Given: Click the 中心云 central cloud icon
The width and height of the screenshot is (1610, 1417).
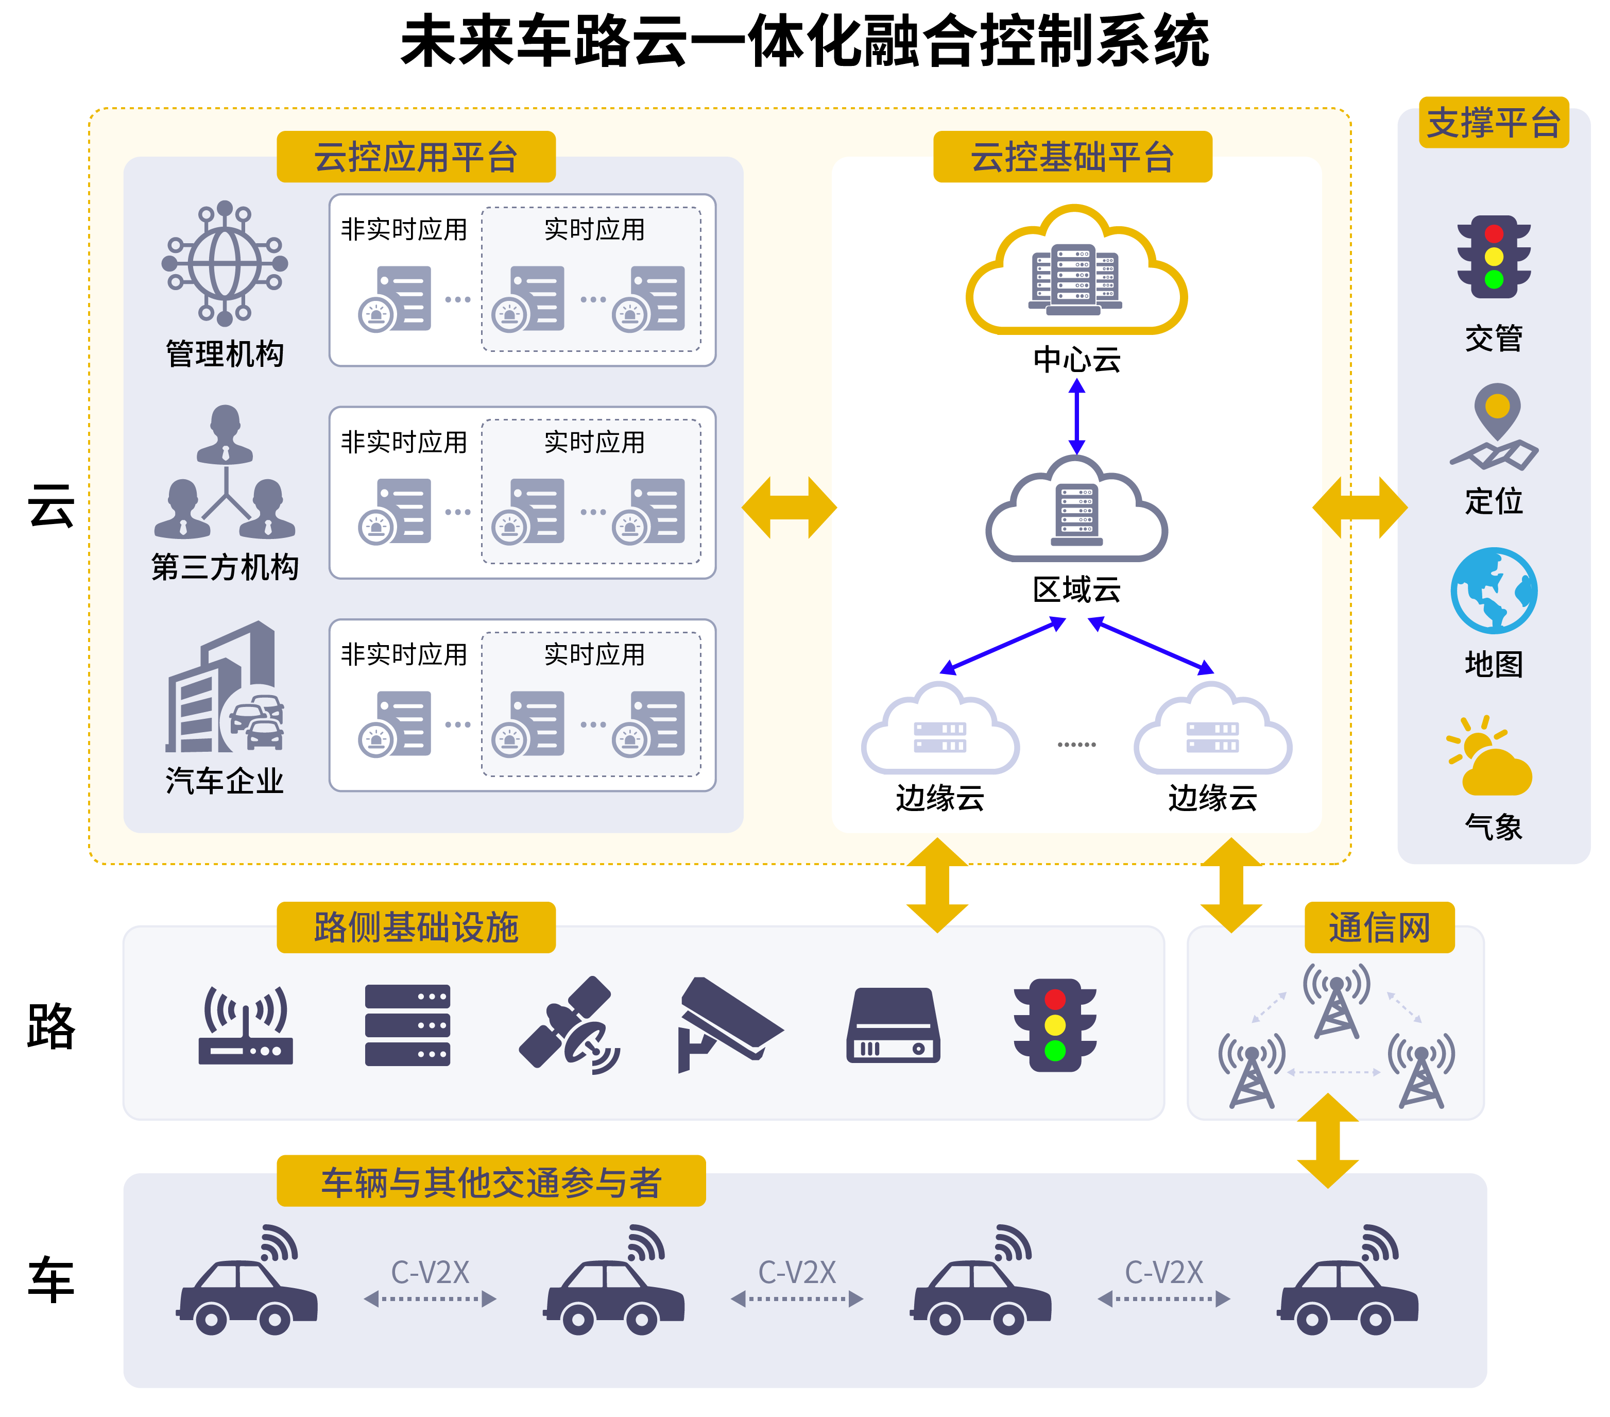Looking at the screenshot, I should click(1076, 272).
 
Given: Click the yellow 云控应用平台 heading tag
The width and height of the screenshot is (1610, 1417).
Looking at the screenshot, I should click(416, 157).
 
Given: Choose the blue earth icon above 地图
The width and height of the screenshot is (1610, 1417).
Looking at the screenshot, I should click(1494, 591).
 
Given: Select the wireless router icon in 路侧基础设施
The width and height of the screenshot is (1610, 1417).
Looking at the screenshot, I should click(246, 1024).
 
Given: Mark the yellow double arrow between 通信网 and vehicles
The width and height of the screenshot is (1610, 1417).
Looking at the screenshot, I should click(1328, 1140).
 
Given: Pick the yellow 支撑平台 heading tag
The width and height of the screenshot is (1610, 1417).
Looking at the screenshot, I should click(1494, 123).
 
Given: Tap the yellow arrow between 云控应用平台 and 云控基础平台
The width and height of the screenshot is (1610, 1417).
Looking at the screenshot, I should click(789, 508).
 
